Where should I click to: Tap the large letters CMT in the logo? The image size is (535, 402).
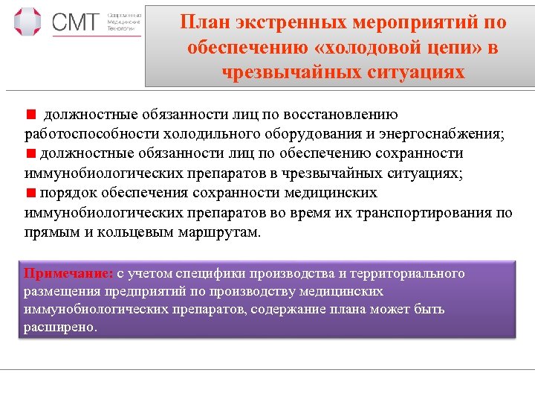75,23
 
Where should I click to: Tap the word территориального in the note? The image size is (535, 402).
408,273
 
